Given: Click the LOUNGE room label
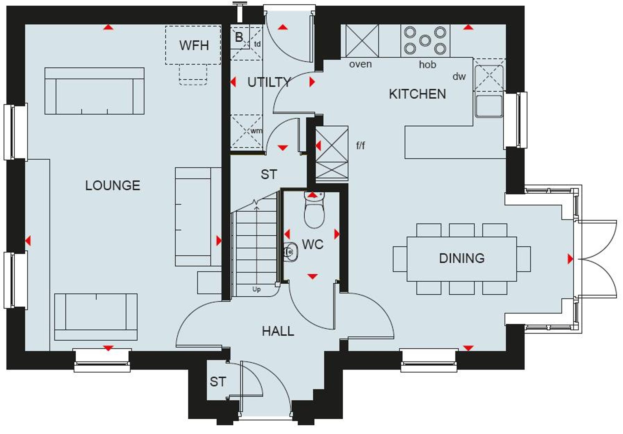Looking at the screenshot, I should point(112,186).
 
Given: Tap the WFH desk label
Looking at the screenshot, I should point(194,45).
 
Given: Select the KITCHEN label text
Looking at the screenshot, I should point(417,94).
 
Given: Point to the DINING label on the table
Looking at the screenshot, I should point(462,258).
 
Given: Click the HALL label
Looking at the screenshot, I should point(278,331).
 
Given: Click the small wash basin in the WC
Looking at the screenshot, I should point(291,252).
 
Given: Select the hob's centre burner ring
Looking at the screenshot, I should point(425,40).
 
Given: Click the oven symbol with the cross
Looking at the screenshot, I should point(362,41).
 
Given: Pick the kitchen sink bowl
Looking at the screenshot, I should point(489,106).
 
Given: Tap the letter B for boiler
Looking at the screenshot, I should point(239,37).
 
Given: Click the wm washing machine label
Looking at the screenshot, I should point(256,131).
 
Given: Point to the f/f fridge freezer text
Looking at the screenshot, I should point(360,145).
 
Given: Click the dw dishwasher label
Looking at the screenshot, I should point(459,77).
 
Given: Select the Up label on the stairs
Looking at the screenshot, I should point(256,289).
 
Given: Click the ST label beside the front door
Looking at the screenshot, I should point(218,382).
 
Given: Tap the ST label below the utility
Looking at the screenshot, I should point(269,175).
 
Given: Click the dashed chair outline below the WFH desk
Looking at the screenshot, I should point(193,75).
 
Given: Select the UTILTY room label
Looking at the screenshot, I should point(269,83).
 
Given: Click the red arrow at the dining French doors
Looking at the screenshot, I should point(570,259).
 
